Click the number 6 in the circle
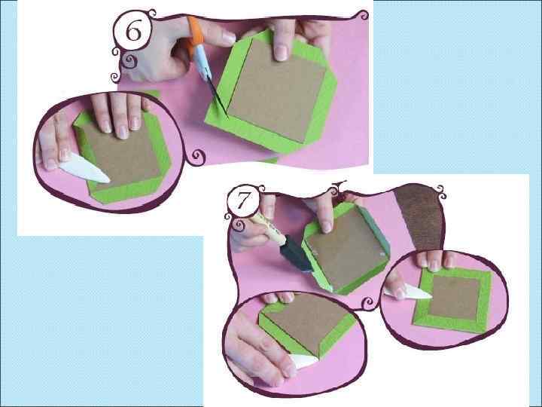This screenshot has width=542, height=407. point(133,32)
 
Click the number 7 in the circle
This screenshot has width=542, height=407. point(243,200)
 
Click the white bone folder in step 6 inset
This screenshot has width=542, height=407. point(84,170)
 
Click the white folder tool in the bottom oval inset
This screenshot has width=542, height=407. point(304,361)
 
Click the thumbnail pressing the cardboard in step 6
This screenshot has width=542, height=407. point(282,52)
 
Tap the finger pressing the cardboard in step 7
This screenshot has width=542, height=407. point(324,213)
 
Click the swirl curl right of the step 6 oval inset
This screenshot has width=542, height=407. point(198,157)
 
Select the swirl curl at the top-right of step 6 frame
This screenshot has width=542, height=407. point(363,15)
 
